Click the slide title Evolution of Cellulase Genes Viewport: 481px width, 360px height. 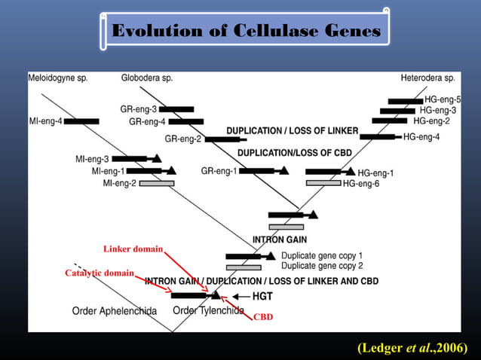245,31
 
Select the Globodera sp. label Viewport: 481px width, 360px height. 147,78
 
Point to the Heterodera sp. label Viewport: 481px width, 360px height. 427,78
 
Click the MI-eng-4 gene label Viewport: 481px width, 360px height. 44,121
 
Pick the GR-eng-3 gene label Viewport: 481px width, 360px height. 138,109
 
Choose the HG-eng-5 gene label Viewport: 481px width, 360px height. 443,99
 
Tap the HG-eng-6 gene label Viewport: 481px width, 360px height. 361,184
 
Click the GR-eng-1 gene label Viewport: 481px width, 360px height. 219,171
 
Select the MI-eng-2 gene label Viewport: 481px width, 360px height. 119,183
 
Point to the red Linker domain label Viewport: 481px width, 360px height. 132,249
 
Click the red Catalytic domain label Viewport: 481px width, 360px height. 100,273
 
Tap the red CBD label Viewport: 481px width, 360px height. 263,317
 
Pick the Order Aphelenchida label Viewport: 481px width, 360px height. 114,310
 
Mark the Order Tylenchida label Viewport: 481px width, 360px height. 208,310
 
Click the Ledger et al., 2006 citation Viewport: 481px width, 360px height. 412,347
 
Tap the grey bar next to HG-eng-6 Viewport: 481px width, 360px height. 323,183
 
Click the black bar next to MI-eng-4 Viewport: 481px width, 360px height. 81,121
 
